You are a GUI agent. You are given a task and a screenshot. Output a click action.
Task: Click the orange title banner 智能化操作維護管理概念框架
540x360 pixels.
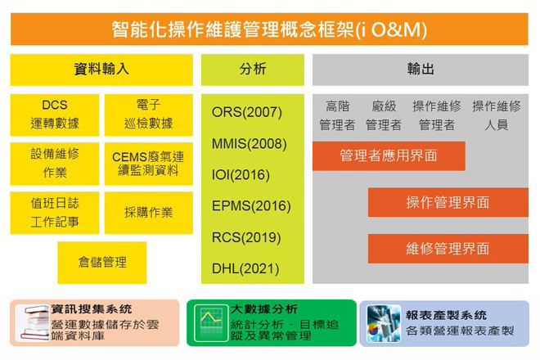point(269,29)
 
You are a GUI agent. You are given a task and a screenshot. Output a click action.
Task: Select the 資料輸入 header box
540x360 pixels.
point(101,70)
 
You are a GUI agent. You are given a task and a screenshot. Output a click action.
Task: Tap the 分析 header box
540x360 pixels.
point(253,70)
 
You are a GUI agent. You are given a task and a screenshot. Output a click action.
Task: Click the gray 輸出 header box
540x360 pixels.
point(421,70)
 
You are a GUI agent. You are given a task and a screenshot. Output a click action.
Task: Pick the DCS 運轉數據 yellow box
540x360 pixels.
point(55,115)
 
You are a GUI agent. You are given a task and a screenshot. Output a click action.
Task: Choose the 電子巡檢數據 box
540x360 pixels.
point(148,115)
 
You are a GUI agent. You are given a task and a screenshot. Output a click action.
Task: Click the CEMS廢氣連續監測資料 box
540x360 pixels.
point(148,164)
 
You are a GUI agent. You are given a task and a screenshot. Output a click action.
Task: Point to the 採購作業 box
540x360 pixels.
point(148,213)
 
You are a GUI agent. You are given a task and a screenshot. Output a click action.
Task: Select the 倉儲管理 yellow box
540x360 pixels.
point(102,263)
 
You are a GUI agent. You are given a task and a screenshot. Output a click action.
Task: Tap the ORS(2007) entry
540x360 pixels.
point(247,112)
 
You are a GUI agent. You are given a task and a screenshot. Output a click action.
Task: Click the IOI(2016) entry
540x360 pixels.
point(241,175)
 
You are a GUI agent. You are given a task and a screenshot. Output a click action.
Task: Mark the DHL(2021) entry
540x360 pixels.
point(245,268)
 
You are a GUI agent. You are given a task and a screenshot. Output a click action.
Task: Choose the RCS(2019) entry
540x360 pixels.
point(246,238)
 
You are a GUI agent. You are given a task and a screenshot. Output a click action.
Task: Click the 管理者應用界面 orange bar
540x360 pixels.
point(389,155)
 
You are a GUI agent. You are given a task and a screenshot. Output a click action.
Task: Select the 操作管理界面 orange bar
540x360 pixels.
point(448,202)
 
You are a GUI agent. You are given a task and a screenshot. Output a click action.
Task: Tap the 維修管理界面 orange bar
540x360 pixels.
point(448,249)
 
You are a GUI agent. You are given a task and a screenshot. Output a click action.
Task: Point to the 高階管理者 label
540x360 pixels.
point(337,115)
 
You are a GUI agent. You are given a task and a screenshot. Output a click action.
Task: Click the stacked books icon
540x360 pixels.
point(32,323)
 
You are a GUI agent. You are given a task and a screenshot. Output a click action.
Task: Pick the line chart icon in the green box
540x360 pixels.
point(211,323)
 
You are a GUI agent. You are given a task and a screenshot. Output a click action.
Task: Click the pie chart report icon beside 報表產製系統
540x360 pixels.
point(384,323)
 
